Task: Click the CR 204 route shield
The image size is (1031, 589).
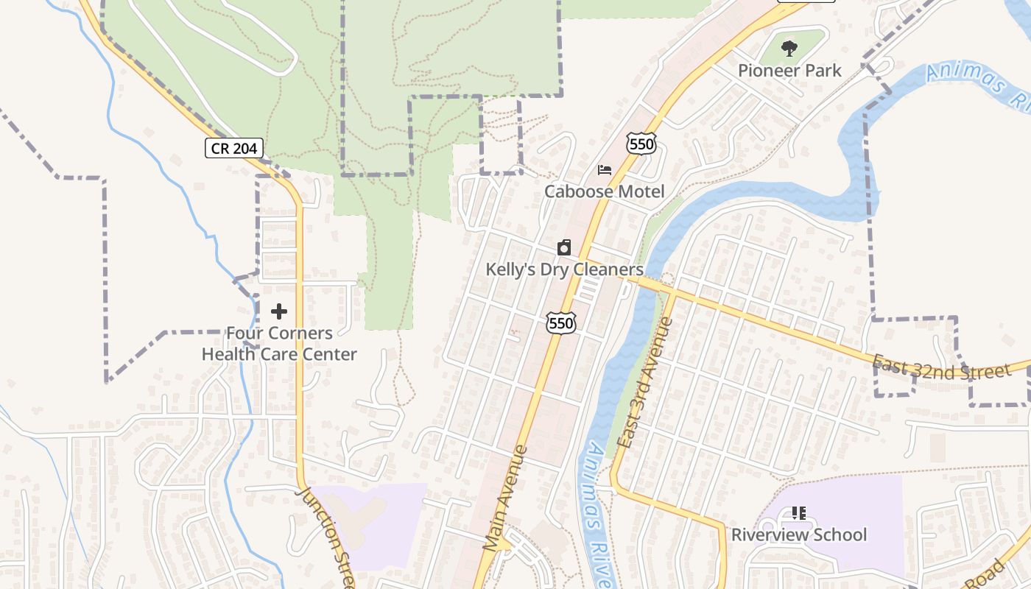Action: pyautogui.click(x=233, y=149)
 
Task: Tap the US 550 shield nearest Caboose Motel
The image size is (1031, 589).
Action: pyautogui.click(x=641, y=144)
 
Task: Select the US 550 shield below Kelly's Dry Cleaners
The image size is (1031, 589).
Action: pyautogui.click(x=560, y=322)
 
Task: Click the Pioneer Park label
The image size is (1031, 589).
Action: pyautogui.click(x=789, y=71)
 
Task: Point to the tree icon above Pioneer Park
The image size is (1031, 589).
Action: pyautogui.click(x=789, y=49)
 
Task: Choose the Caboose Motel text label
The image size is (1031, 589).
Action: pyautogui.click(x=604, y=192)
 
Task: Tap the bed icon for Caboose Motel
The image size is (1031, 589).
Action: pyautogui.click(x=605, y=170)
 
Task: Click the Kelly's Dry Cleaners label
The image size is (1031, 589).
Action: pyautogui.click(x=564, y=269)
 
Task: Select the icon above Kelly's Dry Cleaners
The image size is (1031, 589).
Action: pyautogui.click(x=564, y=247)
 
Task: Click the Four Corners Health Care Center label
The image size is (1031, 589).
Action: pyautogui.click(x=279, y=344)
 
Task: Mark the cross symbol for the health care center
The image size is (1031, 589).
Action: pyautogui.click(x=279, y=311)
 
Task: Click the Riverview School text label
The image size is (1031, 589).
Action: pyautogui.click(x=798, y=535)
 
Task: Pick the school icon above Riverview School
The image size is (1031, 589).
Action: pyautogui.click(x=798, y=512)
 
